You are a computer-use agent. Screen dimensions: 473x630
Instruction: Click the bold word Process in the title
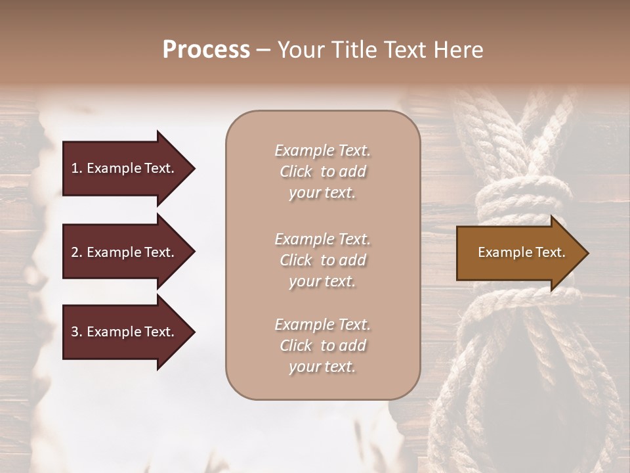coord(206,50)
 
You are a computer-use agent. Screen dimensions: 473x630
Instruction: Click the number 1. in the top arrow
coord(77,168)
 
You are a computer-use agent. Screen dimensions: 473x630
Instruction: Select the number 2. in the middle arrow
coord(77,252)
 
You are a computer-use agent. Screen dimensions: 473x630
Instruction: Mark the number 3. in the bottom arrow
coord(77,332)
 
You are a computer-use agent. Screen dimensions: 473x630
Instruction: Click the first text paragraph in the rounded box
coord(322,171)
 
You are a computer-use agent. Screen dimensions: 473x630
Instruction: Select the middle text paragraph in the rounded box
coord(322,260)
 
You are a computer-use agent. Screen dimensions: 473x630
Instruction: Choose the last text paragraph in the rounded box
coord(322,346)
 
